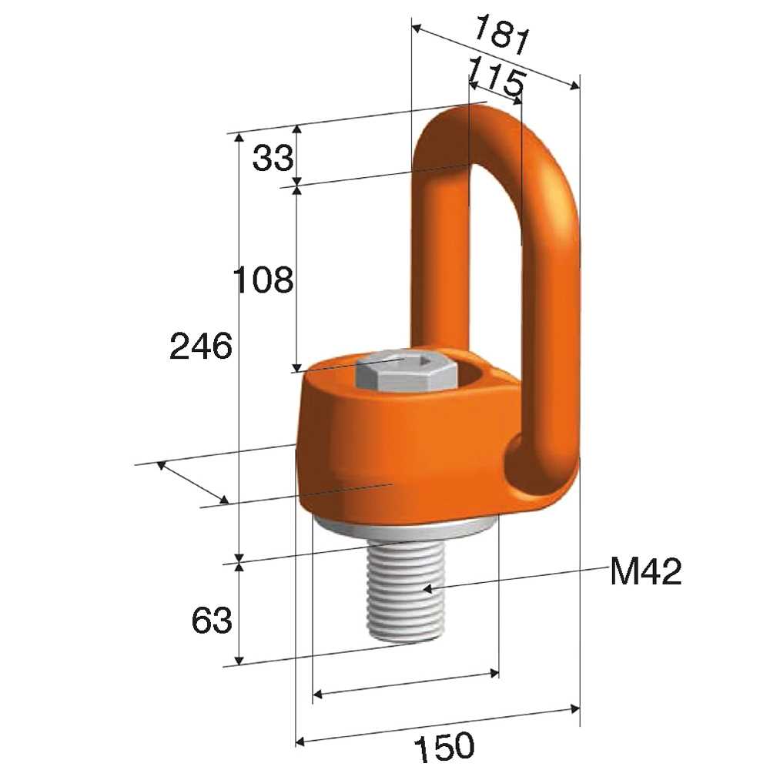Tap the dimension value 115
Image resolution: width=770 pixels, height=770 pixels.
[x=495, y=77]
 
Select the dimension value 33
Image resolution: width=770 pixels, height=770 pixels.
[x=273, y=158]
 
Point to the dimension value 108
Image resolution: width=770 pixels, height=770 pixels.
[x=263, y=280]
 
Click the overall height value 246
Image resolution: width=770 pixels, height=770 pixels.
[x=200, y=346]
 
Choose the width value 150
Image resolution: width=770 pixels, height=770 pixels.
[x=444, y=745]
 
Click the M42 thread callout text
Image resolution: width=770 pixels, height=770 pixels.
[x=645, y=571]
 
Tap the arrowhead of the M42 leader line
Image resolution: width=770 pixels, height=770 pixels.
[x=427, y=588]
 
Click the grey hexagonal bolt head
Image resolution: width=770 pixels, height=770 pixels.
[x=406, y=372]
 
